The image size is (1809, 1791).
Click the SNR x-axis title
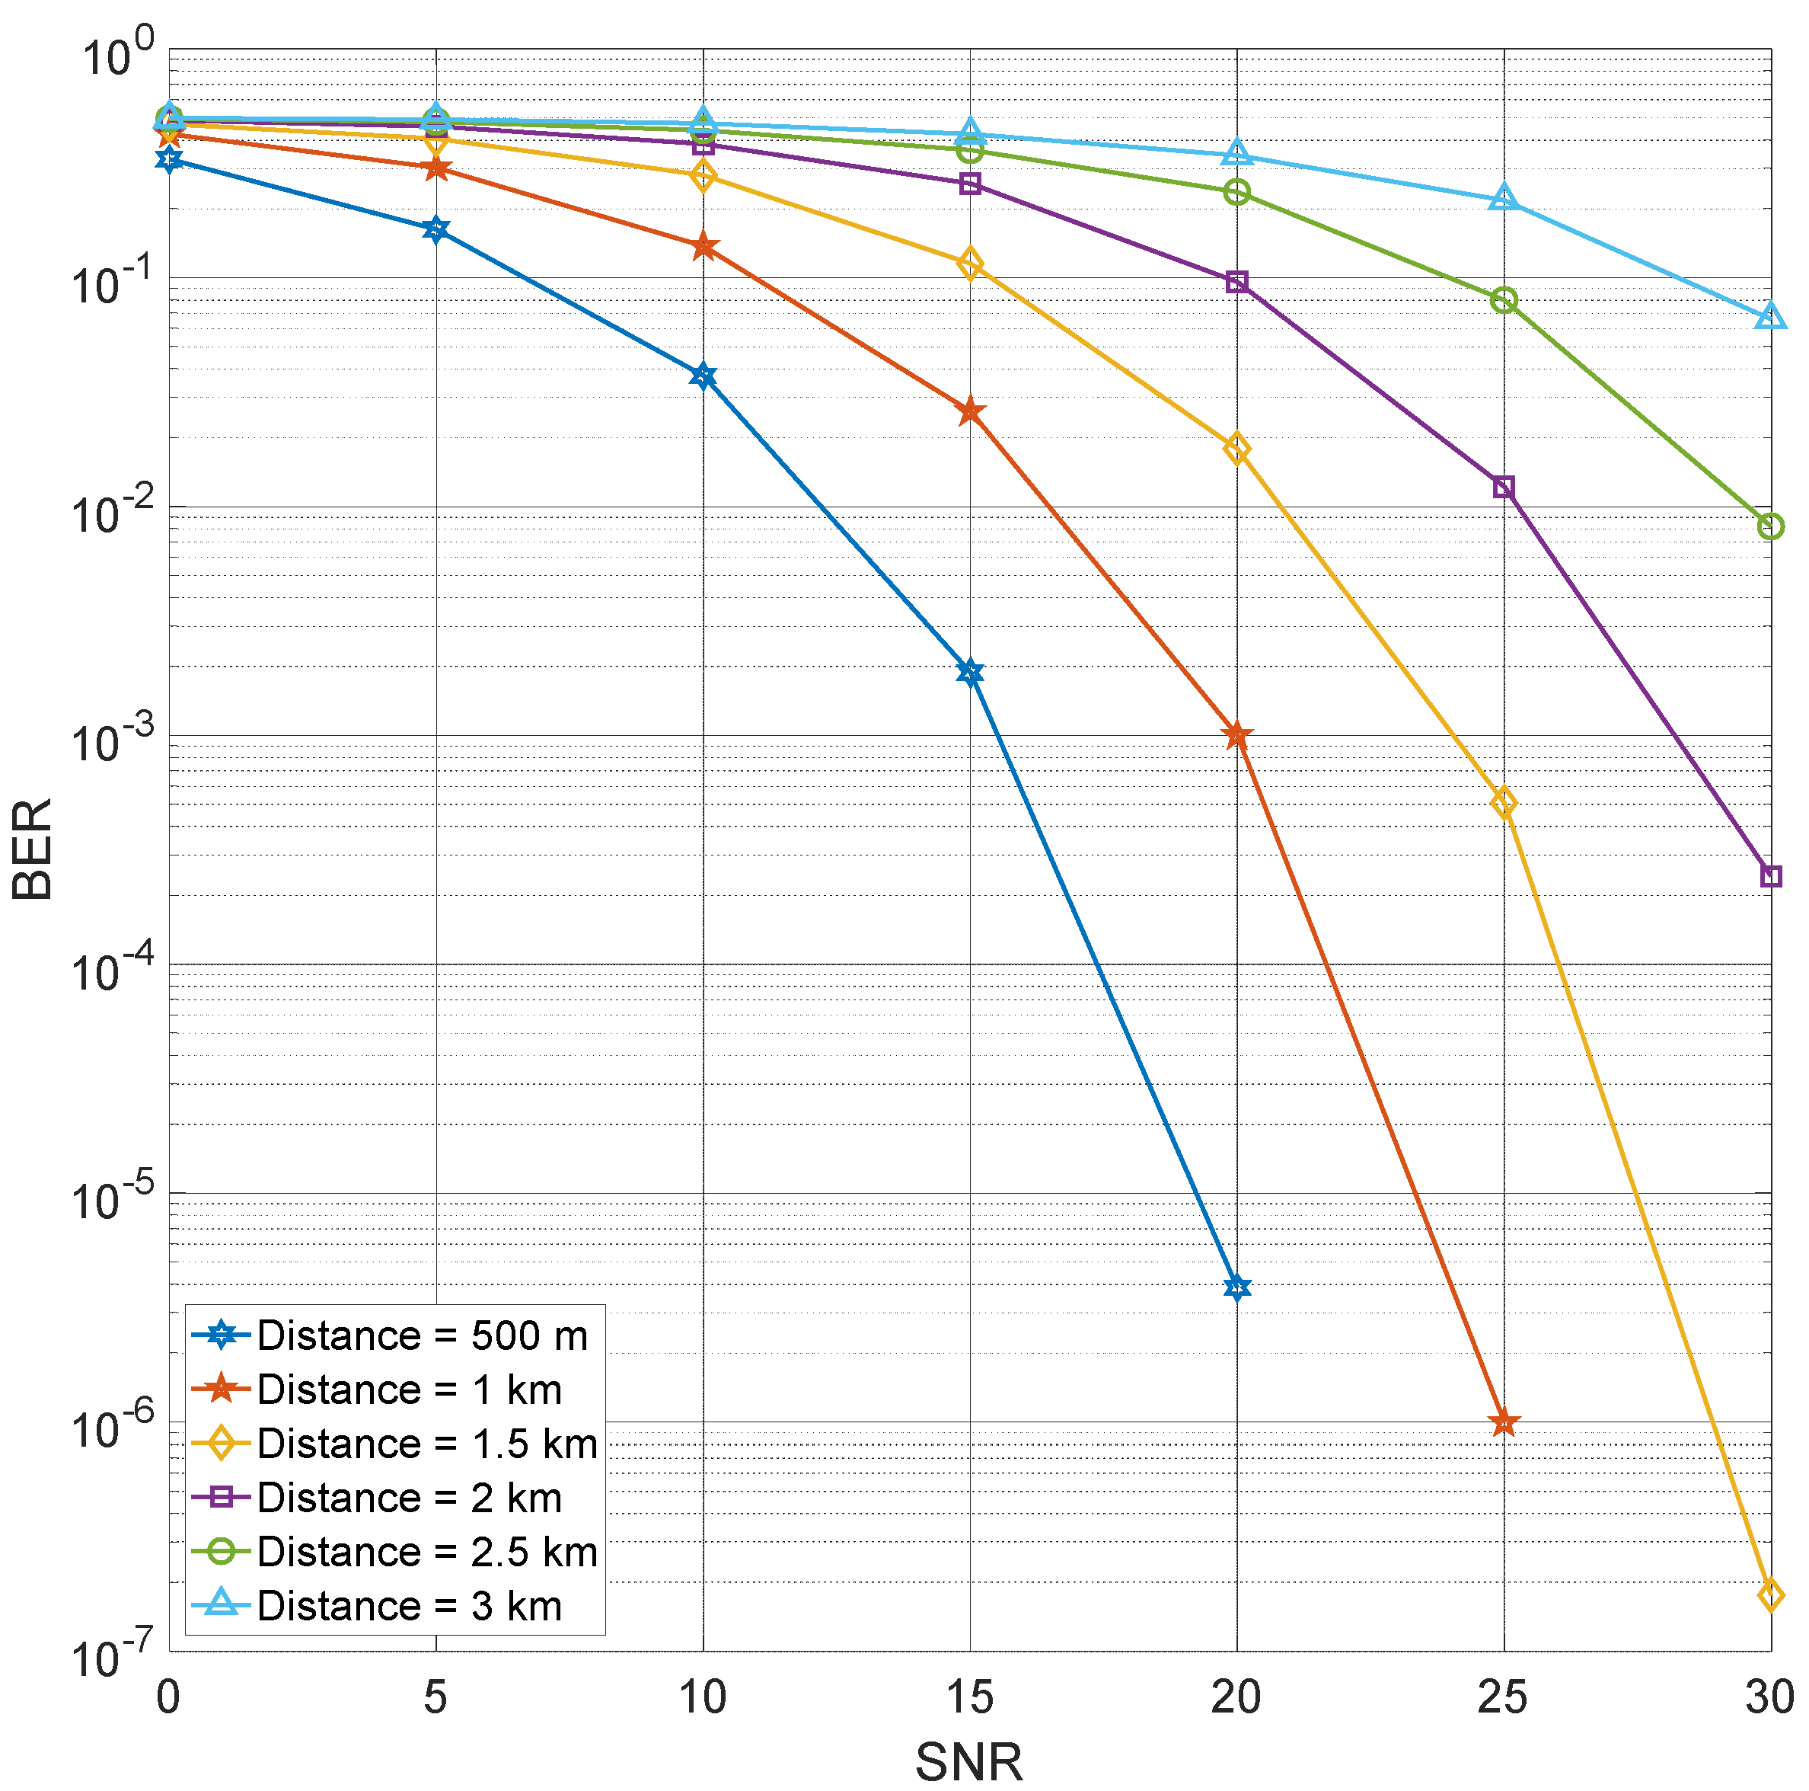point(968,1761)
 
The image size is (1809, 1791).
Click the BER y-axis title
point(33,849)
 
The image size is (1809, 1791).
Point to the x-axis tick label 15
point(969,1697)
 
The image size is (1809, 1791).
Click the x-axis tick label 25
point(1502,1697)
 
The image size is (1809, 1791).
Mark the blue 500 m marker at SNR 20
point(1236,1287)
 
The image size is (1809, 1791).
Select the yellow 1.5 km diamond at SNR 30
point(1769,1594)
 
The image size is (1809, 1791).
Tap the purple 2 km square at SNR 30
point(1769,876)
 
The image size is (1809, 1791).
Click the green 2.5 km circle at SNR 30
point(1769,526)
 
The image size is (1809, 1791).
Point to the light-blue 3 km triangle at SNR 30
point(1769,317)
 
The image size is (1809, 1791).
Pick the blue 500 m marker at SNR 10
point(702,376)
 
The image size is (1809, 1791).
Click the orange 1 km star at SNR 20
point(1236,735)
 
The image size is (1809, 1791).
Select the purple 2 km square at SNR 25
point(1503,487)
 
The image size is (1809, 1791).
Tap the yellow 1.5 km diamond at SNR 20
point(1236,449)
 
